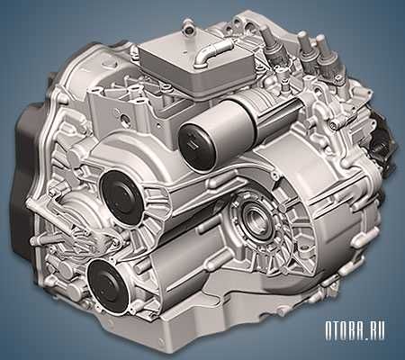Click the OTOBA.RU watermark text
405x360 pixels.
pos(355,330)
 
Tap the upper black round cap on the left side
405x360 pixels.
pos(122,197)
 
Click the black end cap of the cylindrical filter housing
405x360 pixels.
pos(198,145)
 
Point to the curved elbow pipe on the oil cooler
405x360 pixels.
pos(212,52)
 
